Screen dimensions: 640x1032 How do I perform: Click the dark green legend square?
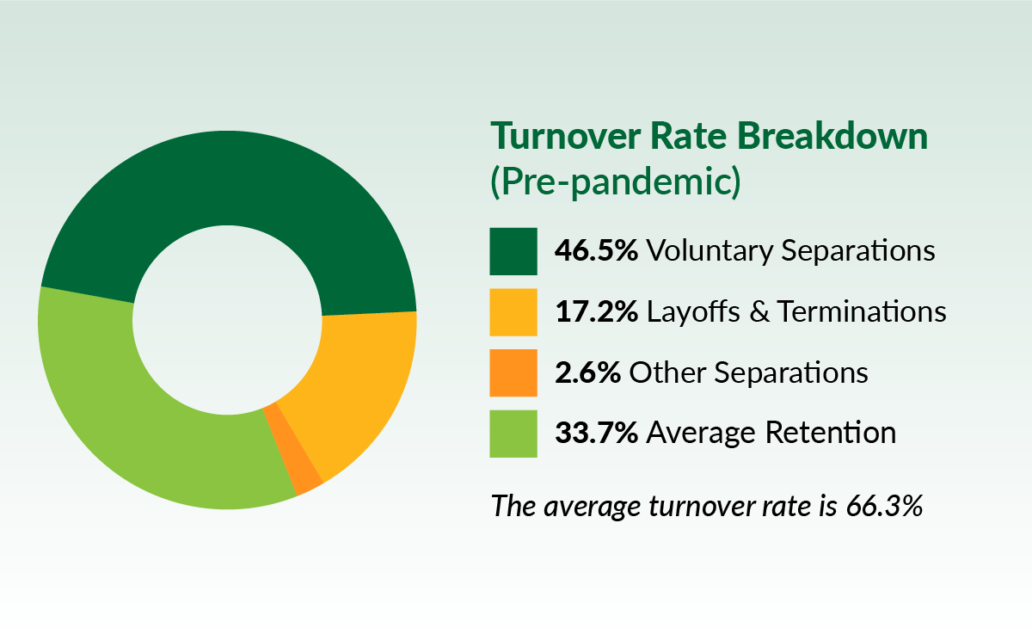513,251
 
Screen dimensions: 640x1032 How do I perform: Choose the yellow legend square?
513,311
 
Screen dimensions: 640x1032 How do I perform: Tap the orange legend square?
513,372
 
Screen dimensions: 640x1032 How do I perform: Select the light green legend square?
513,433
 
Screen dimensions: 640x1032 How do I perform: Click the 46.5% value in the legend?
596,251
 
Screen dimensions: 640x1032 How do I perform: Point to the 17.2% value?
595,311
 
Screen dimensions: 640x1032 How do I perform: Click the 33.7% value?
596,433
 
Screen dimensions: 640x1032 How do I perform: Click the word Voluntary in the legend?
709,251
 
